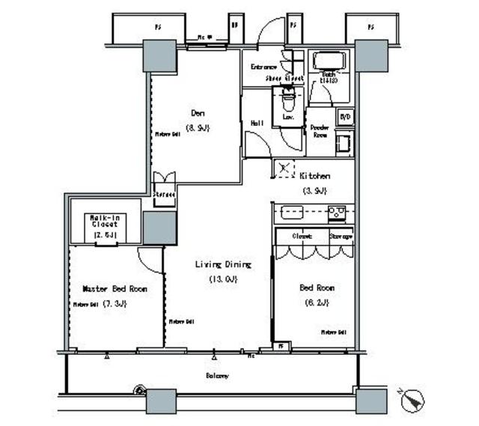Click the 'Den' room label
pyautogui.click(x=198, y=113)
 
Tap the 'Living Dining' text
pyautogui.click(x=223, y=264)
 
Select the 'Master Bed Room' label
pyautogui.click(x=115, y=289)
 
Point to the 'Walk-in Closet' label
pyautogui.click(x=104, y=221)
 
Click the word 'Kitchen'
pyautogui.click(x=315, y=176)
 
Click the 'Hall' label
pyautogui.click(x=257, y=123)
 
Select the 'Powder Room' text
pyautogui.click(x=320, y=131)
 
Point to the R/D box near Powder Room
pyautogui.click(x=345, y=118)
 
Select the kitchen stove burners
pyautogui.click(x=337, y=213)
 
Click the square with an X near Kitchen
pyautogui.click(x=284, y=169)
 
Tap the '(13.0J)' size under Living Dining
pyautogui.click(x=222, y=279)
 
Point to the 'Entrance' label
pyautogui.click(x=263, y=67)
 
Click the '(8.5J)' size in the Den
pyautogui.click(x=198, y=127)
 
